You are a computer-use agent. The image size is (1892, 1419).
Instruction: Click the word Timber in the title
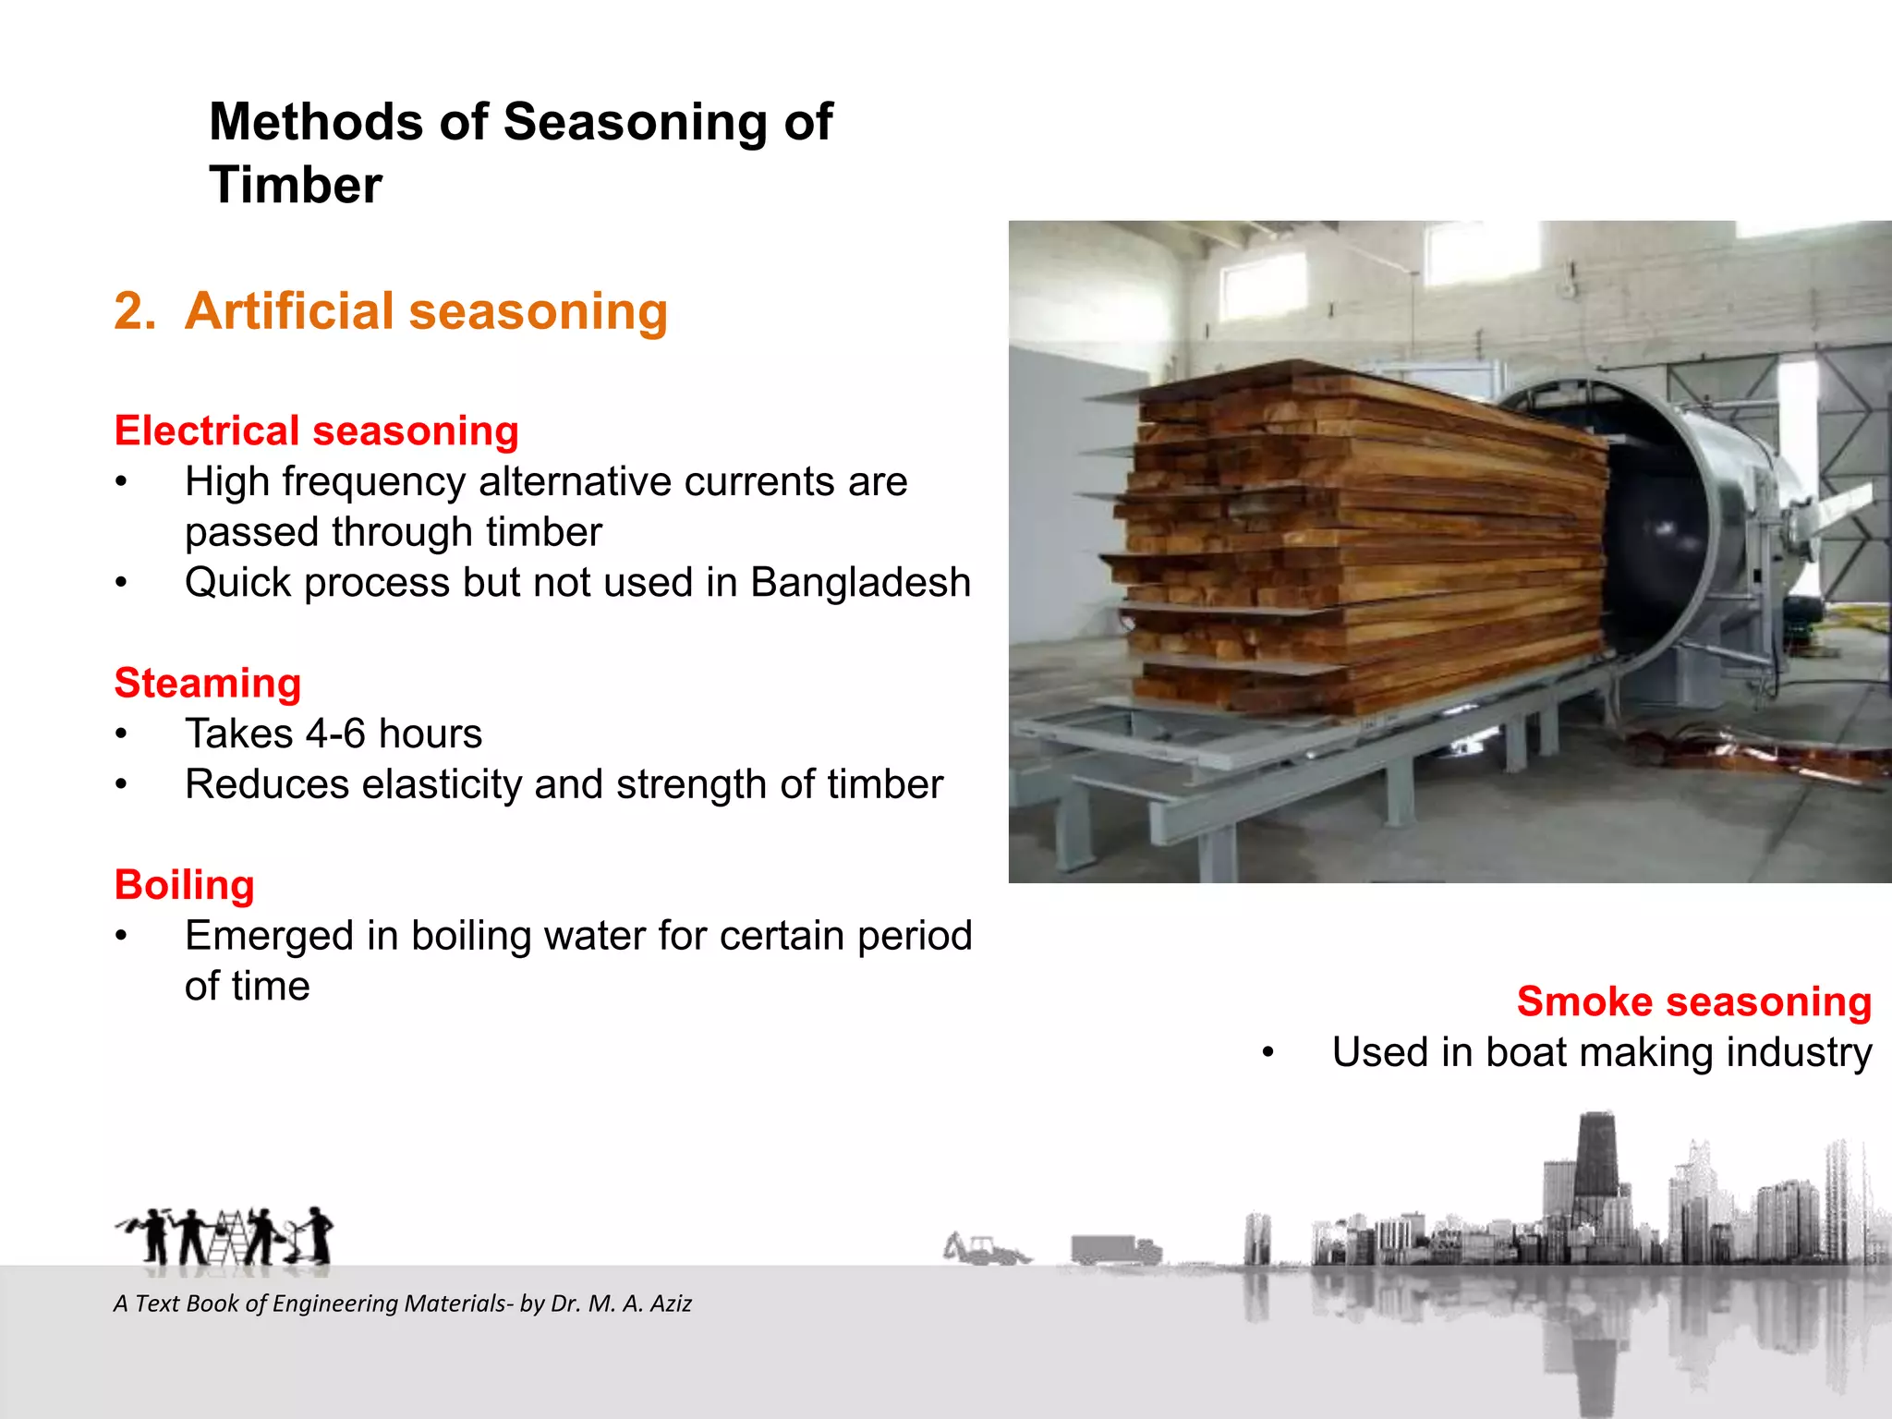click(x=295, y=185)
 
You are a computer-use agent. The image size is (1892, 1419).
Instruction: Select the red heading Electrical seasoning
click(x=316, y=431)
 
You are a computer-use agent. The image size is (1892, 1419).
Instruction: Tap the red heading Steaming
click(x=208, y=683)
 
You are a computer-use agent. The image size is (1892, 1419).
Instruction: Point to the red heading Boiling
click(x=184, y=884)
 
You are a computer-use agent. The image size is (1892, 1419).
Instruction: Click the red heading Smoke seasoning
click(x=1693, y=1001)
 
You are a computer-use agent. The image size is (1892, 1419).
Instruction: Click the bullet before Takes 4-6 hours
click(x=121, y=734)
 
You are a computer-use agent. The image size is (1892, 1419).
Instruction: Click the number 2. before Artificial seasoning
click(x=135, y=310)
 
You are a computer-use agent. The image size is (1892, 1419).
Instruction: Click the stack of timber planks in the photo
click(x=1358, y=545)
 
